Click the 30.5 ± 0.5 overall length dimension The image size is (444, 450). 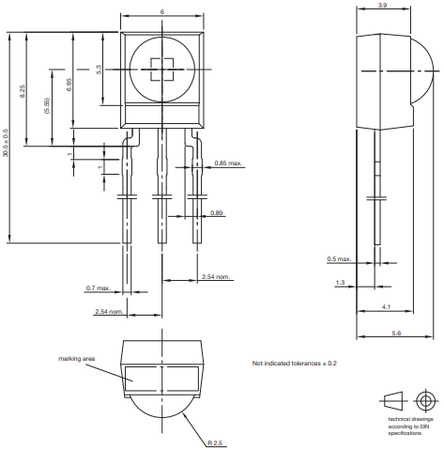[6, 143]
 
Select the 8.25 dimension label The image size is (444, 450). [23, 91]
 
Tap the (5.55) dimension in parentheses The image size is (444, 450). [47, 105]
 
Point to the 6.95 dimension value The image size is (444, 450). [69, 85]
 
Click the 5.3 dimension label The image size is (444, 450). [99, 70]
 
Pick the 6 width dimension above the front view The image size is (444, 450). [162, 12]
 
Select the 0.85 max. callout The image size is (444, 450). [228, 163]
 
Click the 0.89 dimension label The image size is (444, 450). [216, 213]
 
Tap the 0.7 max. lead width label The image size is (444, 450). [99, 288]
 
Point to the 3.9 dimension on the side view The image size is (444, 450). [382, 6]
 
